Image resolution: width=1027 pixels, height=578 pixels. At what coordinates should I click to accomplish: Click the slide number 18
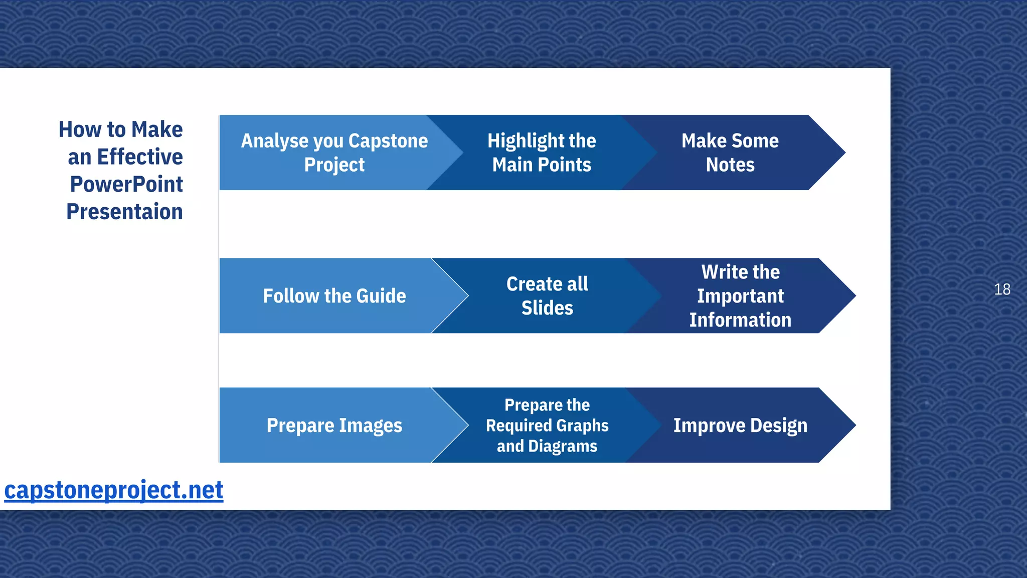tap(1002, 290)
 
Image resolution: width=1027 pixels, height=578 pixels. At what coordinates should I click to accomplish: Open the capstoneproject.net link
tap(114, 490)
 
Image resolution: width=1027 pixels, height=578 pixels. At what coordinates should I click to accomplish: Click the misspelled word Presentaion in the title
tap(124, 212)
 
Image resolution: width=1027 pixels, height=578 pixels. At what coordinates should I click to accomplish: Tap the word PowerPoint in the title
tap(126, 184)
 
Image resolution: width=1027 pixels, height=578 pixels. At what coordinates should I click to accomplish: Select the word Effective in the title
tap(140, 157)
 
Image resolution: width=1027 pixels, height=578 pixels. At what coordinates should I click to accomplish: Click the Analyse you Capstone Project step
tap(334, 153)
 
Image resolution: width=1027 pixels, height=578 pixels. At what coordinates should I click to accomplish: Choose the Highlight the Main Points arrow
tap(542, 153)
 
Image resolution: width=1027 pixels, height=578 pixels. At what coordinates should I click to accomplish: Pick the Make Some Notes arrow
tap(730, 153)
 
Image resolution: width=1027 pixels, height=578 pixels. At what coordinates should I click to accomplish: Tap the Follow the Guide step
tap(334, 296)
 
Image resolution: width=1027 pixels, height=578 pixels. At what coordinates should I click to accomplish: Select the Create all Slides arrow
tap(547, 296)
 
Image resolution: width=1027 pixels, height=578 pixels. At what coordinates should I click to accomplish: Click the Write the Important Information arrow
tap(740, 296)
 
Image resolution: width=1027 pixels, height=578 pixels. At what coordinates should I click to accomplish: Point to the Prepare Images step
tap(334, 425)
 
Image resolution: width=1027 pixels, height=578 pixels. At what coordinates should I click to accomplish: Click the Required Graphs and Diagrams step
tap(547, 425)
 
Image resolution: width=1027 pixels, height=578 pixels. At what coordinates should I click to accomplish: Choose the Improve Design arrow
tap(740, 425)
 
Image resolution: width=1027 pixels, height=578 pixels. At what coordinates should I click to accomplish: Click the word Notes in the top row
tap(730, 165)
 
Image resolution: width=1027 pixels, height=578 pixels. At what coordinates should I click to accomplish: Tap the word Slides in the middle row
tap(547, 308)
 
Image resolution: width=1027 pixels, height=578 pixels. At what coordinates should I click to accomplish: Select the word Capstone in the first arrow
tap(388, 141)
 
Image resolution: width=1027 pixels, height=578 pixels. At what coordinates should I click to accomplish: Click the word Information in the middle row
tap(740, 320)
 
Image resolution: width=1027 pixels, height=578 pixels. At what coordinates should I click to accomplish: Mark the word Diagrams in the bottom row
tap(563, 446)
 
